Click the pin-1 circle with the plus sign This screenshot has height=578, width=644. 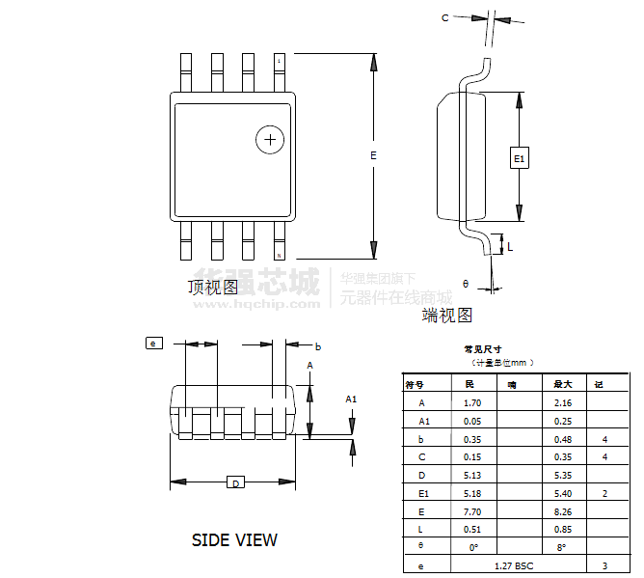[270, 140]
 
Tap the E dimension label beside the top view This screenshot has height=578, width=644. [373, 154]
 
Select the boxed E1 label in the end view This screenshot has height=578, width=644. [519, 158]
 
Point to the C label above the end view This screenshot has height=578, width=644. [444, 17]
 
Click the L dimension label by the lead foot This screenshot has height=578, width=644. [510, 247]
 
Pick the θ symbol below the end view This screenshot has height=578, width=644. [465, 284]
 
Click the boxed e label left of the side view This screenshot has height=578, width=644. [152, 343]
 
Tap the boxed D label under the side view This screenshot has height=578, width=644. [235, 482]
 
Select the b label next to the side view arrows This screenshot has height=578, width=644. [318, 345]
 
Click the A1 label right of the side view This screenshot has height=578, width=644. [351, 399]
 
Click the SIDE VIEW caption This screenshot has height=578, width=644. [234, 540]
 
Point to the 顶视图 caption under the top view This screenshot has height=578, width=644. [213, 287]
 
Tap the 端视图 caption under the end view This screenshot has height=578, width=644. [447, 315]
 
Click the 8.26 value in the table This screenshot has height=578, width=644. [563, 511]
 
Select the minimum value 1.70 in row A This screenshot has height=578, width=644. [472, 402]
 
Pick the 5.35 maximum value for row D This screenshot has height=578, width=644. [563, 475]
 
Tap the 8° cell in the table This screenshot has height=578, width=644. [562, 547]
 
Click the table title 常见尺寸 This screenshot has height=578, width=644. [482, 349]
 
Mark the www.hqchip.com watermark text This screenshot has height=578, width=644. [257, 303]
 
